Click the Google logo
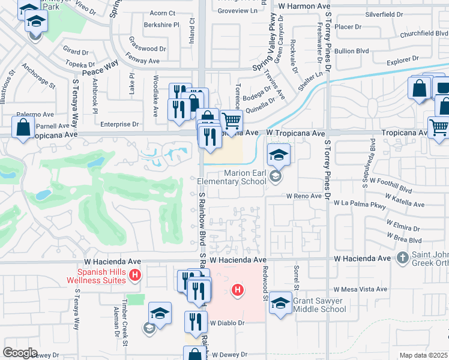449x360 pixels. click(20, 352)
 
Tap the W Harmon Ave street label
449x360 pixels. click(306, 5)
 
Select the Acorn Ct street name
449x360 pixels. click(162, 13)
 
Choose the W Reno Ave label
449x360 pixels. click(304, 196)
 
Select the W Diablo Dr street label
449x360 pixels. click(229, 322)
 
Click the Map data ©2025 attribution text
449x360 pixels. click(423, 355)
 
